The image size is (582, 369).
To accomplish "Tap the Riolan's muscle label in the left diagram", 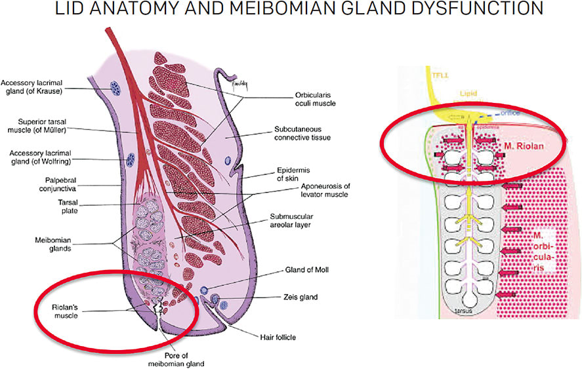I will (x=68, y=310).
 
